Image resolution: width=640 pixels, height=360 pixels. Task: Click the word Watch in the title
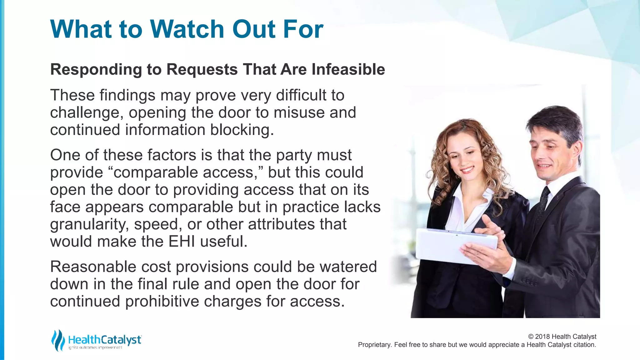click(x=187, y=29)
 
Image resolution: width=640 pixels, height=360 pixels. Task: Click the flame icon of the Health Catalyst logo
click(x=58, y=340)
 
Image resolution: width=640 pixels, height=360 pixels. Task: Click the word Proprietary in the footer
click(x=374, y=345)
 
